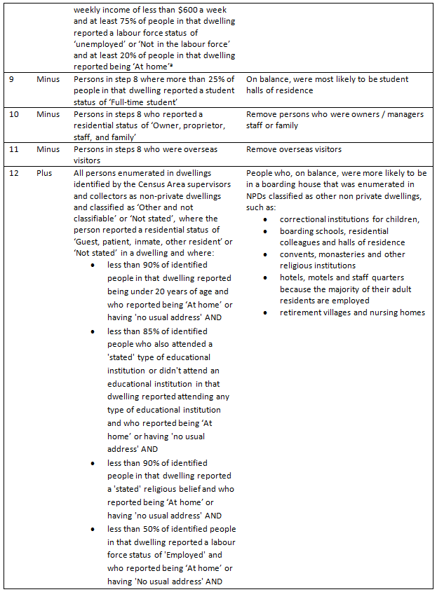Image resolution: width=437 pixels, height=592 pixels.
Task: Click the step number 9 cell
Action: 12,79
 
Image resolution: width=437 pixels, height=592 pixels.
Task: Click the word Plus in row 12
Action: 46,173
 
